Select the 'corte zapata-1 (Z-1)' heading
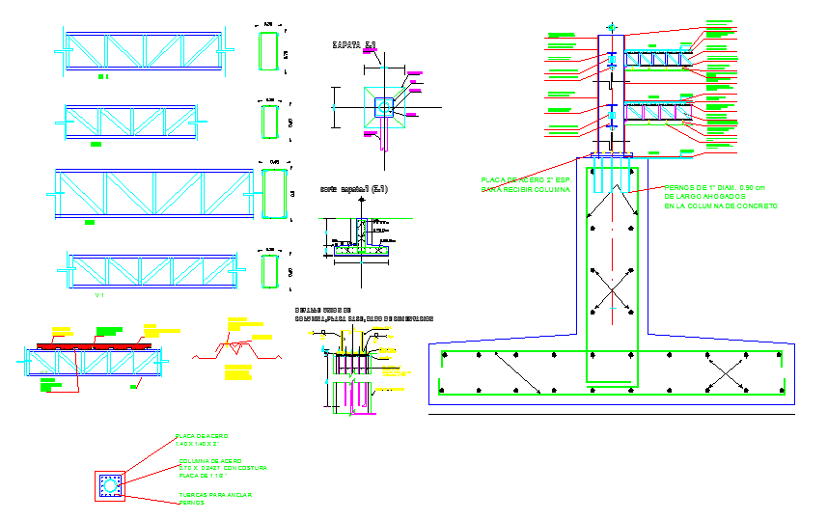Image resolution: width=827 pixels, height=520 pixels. tap(354, 189)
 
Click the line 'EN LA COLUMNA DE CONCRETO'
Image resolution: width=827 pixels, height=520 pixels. tap(720, 206)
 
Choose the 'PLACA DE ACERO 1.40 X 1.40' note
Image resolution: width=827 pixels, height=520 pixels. tap(203, 443)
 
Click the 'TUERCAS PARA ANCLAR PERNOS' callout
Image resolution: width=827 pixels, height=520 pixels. tap(215, 499)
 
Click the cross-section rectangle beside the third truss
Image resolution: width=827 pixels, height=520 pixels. tap(274, 193)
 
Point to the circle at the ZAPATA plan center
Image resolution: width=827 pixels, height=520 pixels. tap(385, 107)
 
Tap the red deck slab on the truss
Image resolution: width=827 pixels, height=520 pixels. tap(95, 343)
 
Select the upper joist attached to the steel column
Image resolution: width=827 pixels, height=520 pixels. tap(659, 61)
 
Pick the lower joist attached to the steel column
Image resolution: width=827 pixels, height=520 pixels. tap(659, 112)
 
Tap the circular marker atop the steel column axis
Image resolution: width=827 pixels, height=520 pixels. tap(610, 27)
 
